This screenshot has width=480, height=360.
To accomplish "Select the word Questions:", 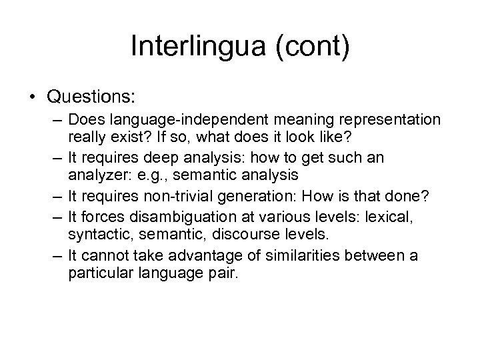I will (x=91, y=97).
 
